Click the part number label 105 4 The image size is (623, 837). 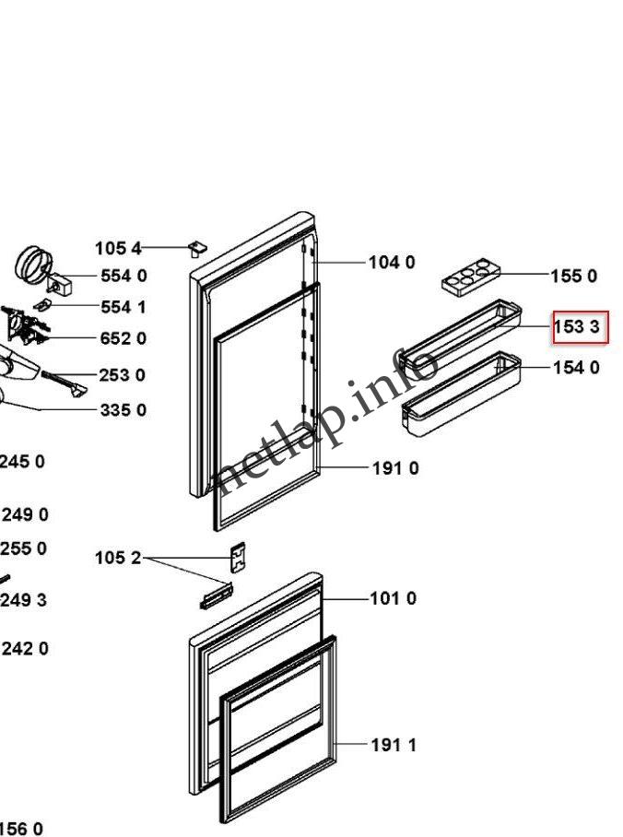coord(118,248)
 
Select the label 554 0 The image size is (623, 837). coord(123,276)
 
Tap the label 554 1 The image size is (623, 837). coord(123,307)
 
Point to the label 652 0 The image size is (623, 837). coord(123,338)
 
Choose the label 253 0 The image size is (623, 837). coord(123,375)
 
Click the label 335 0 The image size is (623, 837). coord(123,409)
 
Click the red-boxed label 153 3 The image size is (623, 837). coord(580,327)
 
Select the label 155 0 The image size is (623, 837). coord(573,276)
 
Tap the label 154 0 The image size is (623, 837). coord(576,368)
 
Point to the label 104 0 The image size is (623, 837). coord(392,263)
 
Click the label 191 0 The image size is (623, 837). coord(395,468)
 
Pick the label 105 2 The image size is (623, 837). coord(118,558)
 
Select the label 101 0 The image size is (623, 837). coord(393,598)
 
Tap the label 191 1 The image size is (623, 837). coord(394,744)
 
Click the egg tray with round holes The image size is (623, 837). coord(470,277)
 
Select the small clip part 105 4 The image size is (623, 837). coord(196,248)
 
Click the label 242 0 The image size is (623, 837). coord(25,649)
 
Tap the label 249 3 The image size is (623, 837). coord(24,600)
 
